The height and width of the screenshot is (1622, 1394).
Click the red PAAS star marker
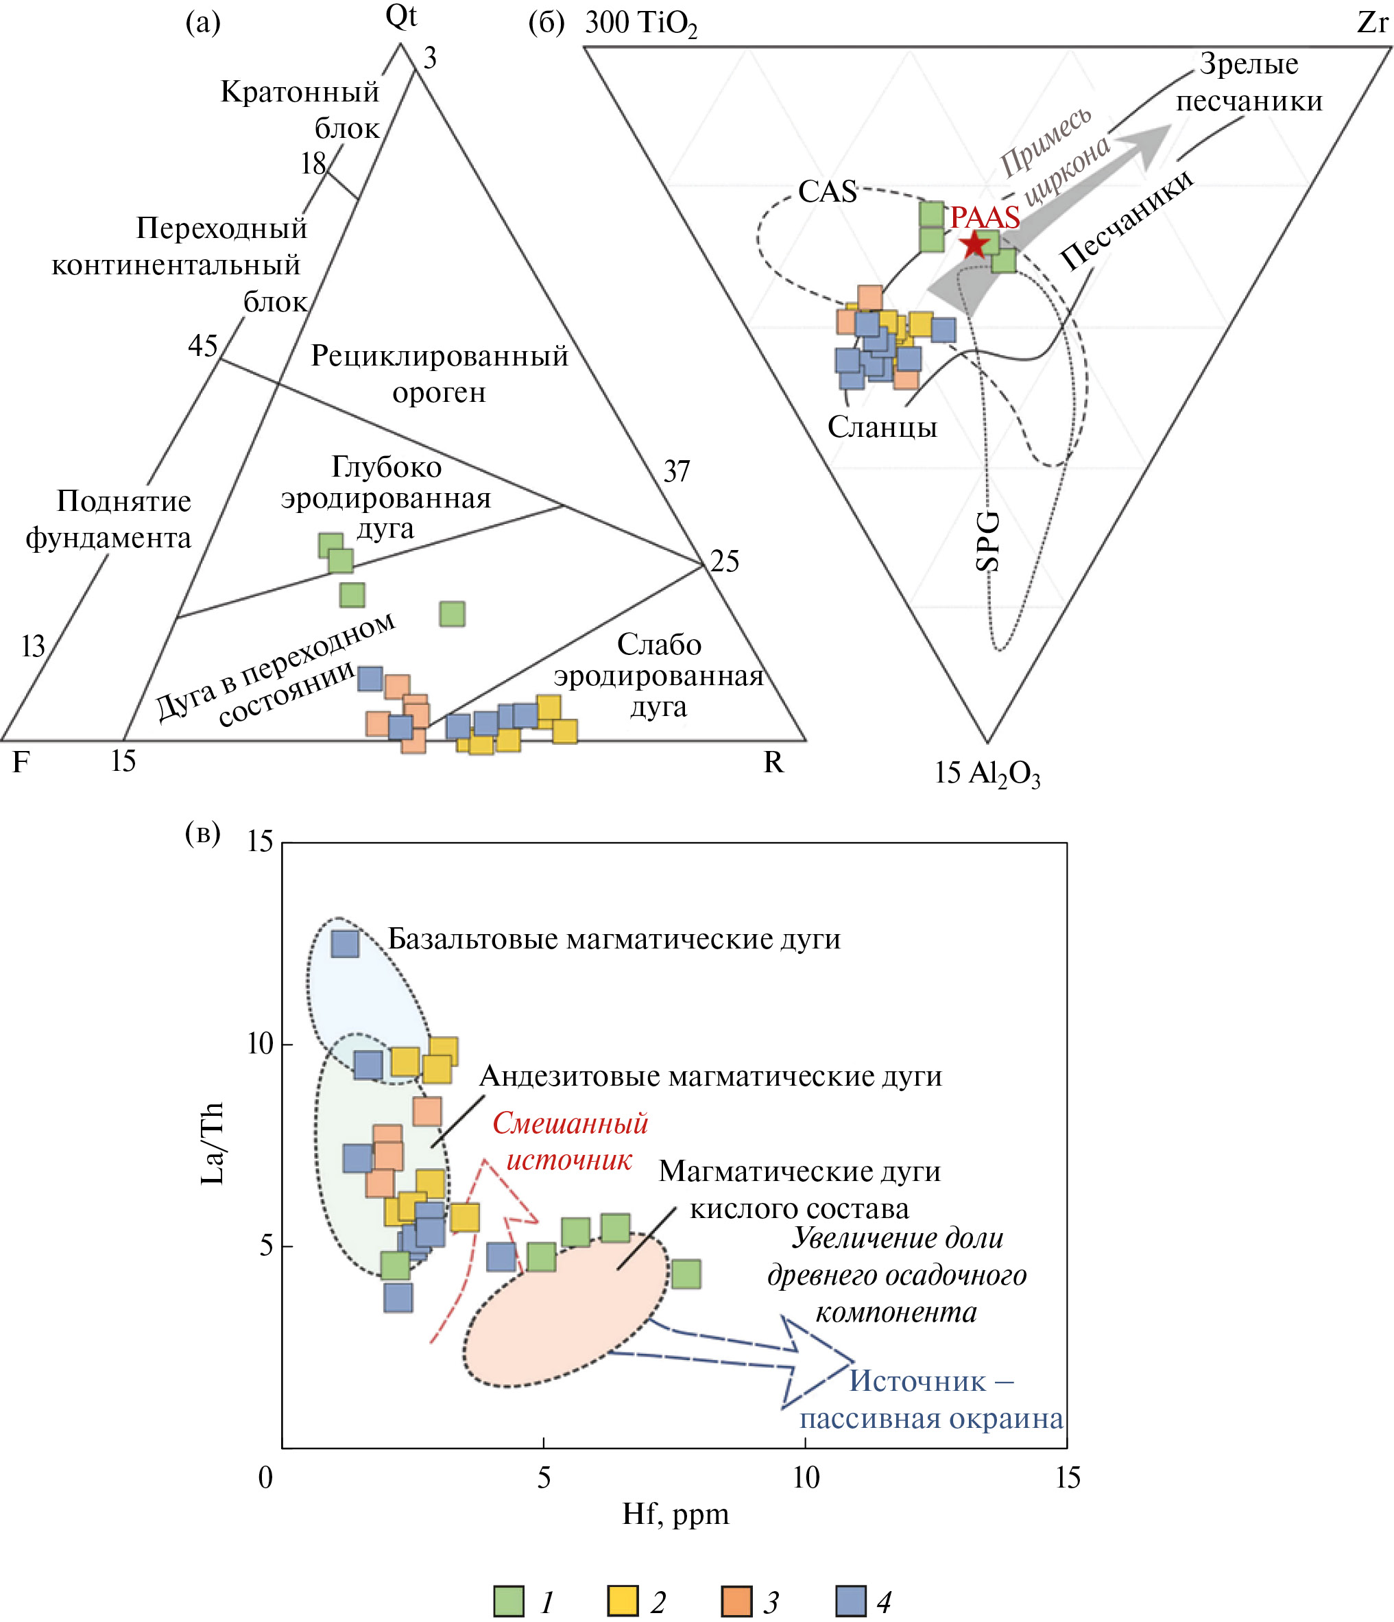(x=974, y=244)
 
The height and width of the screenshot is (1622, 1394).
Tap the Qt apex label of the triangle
(x=400, y=17)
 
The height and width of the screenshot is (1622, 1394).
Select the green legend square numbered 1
(x=509, y=1601)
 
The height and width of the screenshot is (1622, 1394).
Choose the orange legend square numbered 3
(x=736, y=1601)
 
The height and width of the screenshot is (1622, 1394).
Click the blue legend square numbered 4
(x=851, y=1601)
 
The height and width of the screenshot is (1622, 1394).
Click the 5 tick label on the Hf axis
(x=543, y=1477)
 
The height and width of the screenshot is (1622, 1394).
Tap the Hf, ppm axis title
(x=675, y=1513)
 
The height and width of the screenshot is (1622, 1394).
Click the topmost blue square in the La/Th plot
(x=345, y=943)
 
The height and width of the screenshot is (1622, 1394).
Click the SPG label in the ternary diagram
(x=988, y=540)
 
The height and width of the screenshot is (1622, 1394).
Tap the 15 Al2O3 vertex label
(x=987, y=774)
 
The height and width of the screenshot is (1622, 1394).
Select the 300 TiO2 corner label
(x=640, y=23)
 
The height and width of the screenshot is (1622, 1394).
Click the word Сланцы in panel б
(x=882, y=427)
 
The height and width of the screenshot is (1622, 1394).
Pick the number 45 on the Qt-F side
(x=203, y=345)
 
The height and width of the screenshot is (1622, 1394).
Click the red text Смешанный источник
(x=570, y=1141)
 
